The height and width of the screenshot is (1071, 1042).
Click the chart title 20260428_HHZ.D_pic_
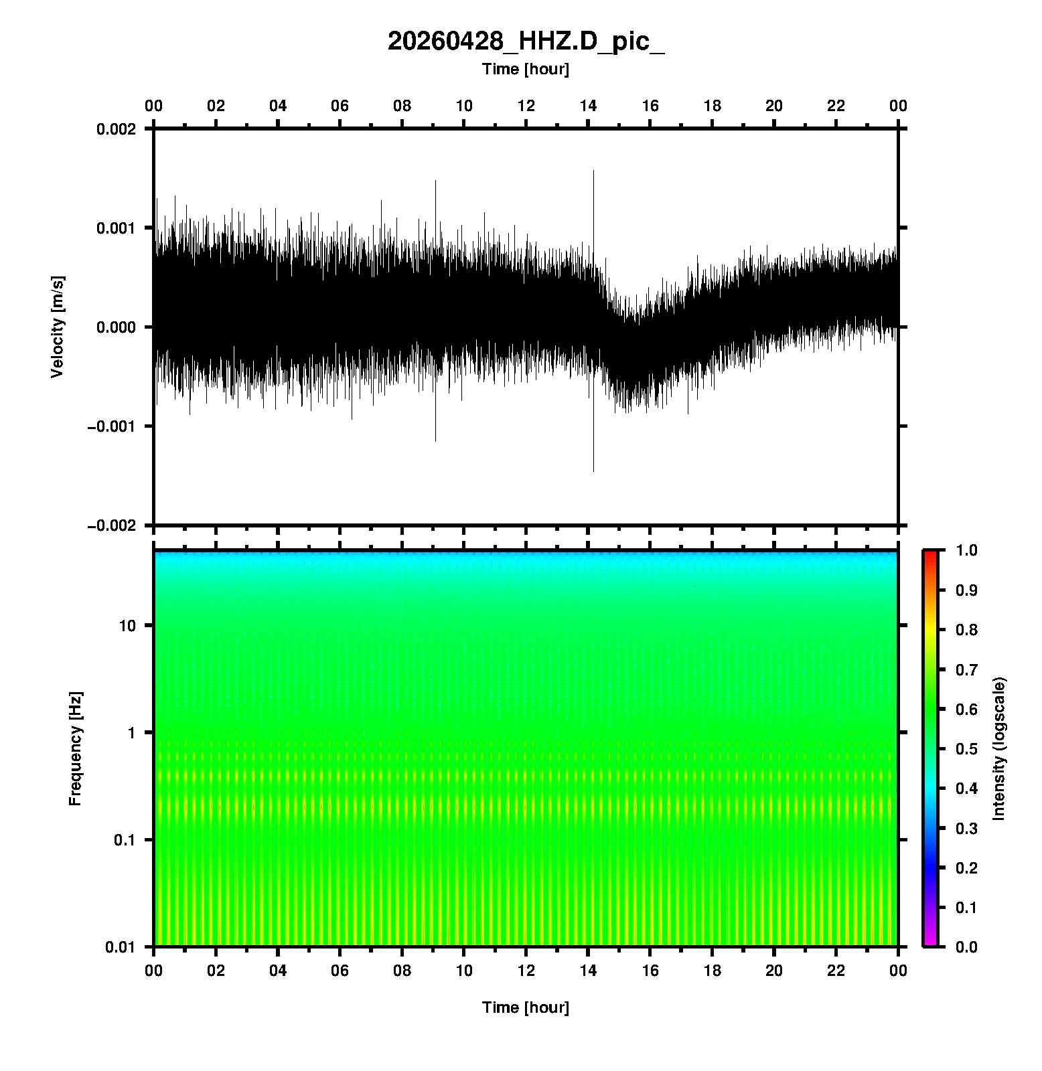(x=526, y=42)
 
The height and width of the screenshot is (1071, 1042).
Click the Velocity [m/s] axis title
(x=58, y=327)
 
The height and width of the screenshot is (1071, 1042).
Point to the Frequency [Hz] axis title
(x=75, y=748)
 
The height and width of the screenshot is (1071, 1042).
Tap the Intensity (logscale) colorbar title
(x=999, y=748)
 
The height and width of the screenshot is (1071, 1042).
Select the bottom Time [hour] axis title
(x=526, y=1007)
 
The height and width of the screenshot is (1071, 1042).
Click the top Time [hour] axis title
(x=526, y=69)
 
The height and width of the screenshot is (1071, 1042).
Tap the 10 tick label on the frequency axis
(x=127, y=626)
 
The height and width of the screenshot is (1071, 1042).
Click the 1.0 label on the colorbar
(x=968, y=550)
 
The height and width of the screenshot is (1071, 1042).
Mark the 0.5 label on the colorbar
(x=968, y=748)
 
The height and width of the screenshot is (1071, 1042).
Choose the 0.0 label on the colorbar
(x=968, y=946)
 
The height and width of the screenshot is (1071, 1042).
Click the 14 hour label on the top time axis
(x=588, y=106)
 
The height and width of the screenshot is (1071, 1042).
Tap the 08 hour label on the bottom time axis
(x=402, y=971)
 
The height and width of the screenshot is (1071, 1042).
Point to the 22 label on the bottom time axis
(x=836, y=971)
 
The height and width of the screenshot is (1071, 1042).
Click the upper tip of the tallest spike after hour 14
(x=593, y=171)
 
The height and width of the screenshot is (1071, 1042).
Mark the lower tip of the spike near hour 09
(x=435, y=441)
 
